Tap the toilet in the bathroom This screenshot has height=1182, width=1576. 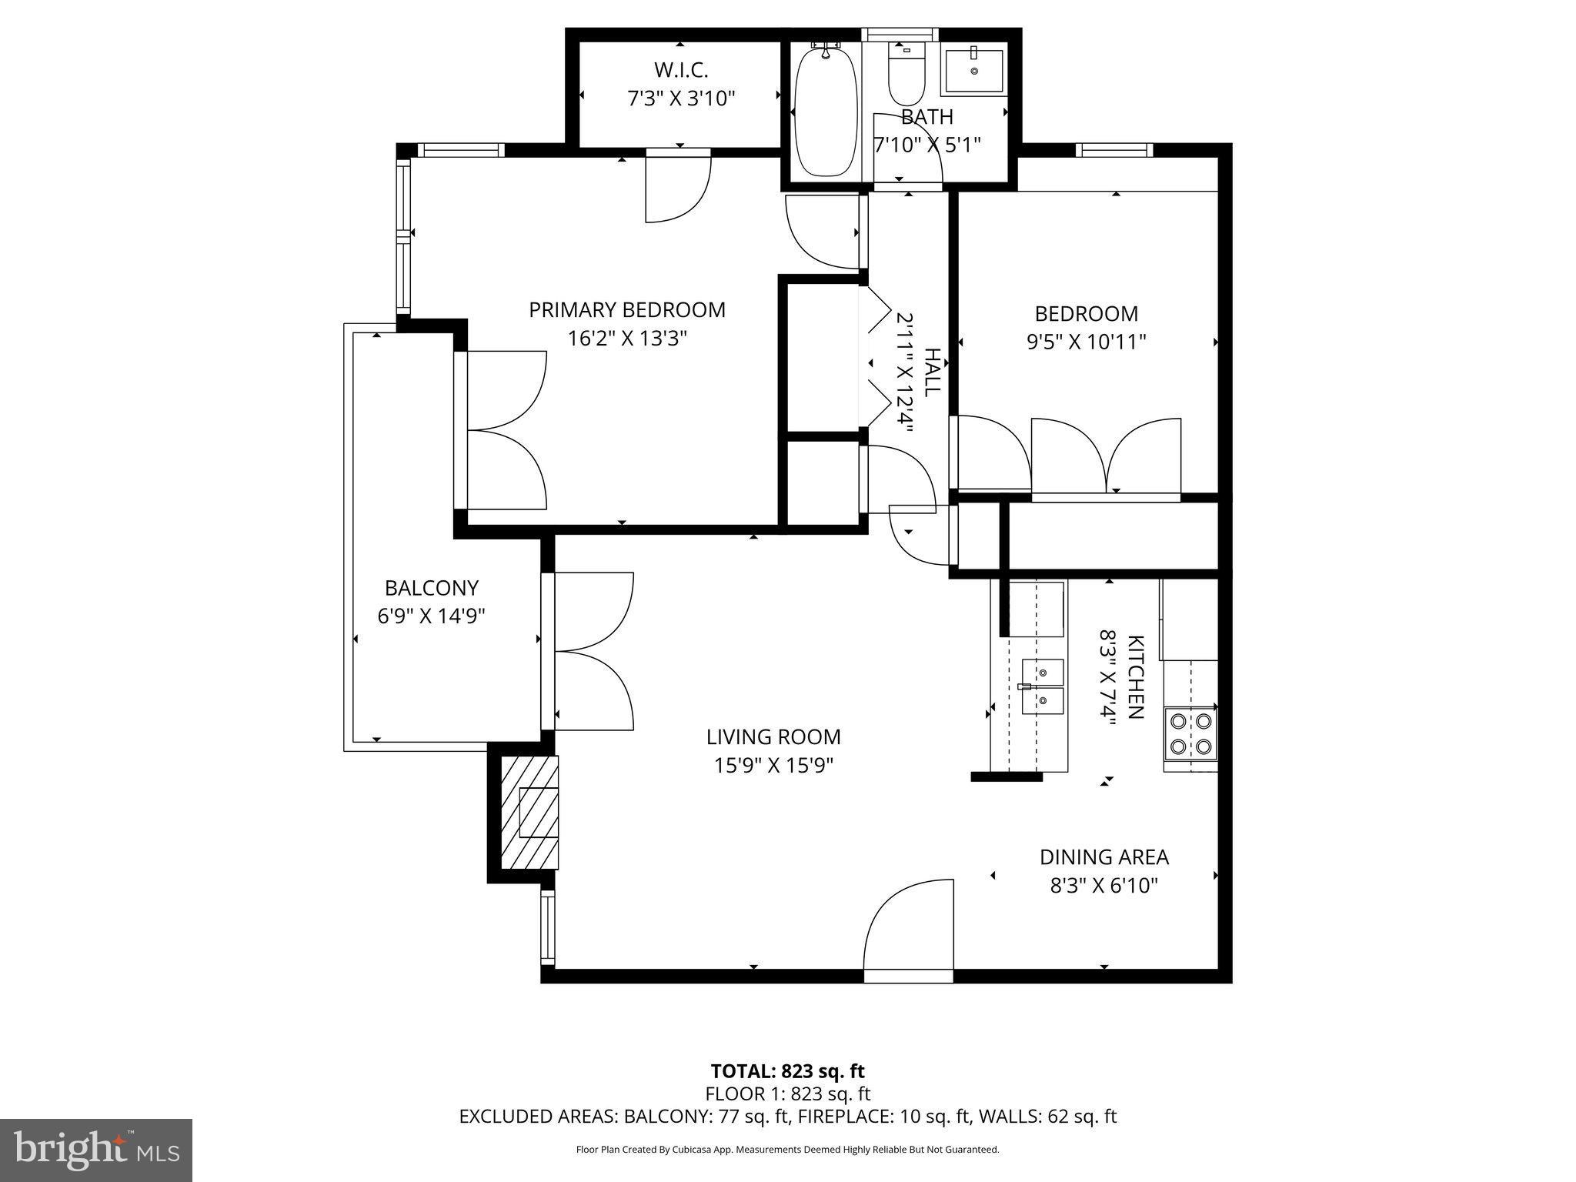(x=907, y=77)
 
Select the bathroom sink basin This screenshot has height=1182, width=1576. (x=974, y=72)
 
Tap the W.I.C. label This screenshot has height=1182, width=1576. (x=681, y=70)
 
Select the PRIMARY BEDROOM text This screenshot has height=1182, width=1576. (x=626, y=310)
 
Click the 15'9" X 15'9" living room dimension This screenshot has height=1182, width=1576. (x=773, y=766)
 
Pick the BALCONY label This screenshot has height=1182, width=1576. (x=431, y=588)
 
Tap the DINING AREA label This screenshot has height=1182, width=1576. (x=1104, y=856)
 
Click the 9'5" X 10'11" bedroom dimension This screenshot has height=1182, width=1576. (x=1086, y=342)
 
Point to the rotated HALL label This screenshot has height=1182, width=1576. (x=932, y=372)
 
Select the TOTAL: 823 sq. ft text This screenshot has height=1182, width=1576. (x=787, y=1070)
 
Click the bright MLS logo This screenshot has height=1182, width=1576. (x=96, y=1150)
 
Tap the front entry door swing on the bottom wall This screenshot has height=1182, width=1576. (x=909, y=930)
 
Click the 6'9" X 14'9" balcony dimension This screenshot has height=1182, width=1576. (x=431, y=616)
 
